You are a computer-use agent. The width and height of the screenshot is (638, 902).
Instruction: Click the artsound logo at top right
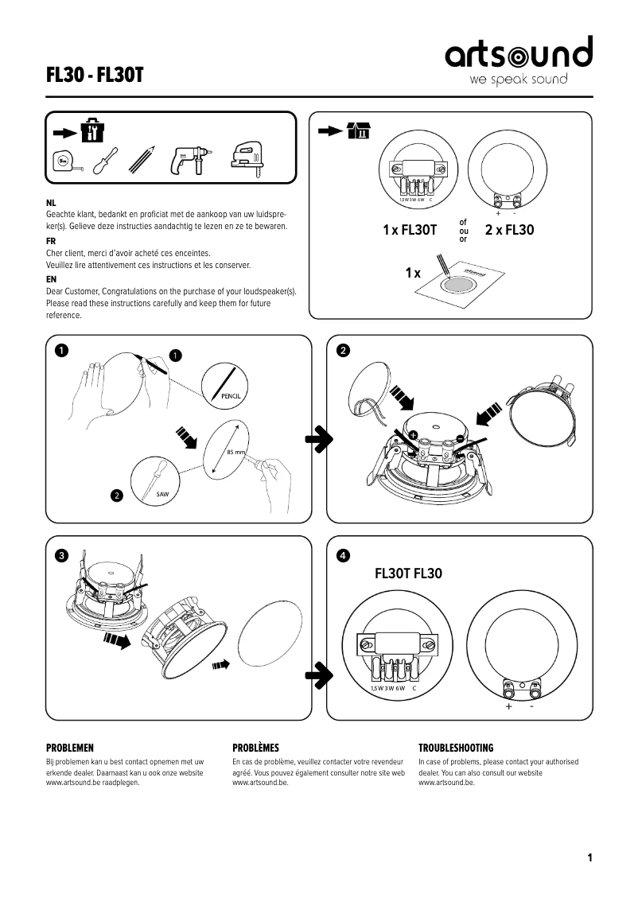click(518, 60)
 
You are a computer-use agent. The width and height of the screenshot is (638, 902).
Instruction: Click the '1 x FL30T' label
click(410, 231)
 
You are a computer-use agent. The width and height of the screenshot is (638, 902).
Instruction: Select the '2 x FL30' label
click(509, 231)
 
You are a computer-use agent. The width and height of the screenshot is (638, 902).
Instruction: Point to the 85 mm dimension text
click(235, 452)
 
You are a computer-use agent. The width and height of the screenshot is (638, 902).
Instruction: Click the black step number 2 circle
click(342, 350)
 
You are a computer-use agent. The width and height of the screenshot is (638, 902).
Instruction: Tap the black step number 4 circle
click(342, 554)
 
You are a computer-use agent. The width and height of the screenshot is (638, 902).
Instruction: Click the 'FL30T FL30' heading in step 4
click(408, 573)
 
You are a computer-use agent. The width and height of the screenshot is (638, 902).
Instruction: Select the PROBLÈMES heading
click(255, 748)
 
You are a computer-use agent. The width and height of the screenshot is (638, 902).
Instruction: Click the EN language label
click(51, 280)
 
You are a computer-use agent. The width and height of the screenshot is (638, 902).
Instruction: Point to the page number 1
click(589, 857)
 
